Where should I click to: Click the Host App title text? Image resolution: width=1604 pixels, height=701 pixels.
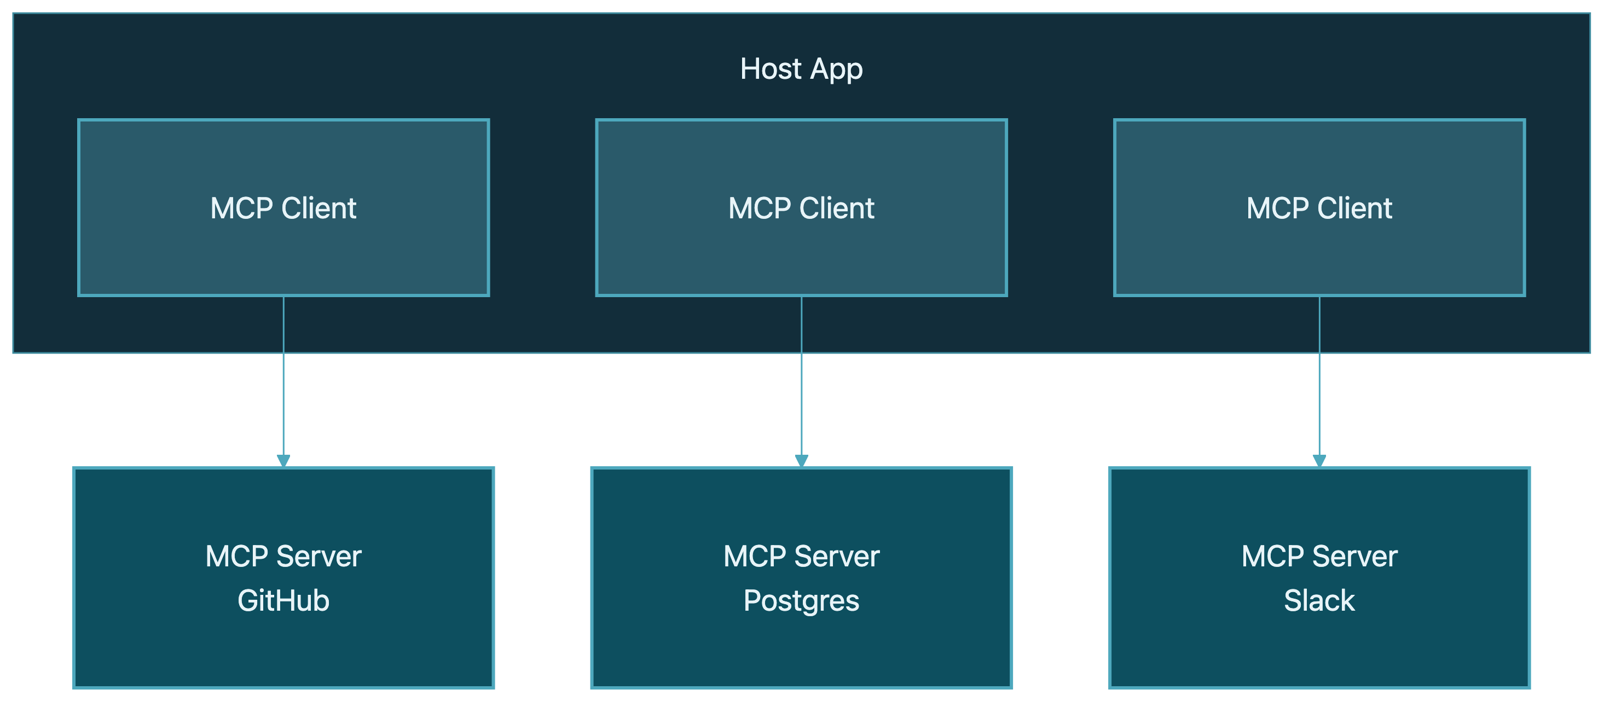pos(801,68)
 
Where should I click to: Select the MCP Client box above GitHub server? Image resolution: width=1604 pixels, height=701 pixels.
pos(283,249)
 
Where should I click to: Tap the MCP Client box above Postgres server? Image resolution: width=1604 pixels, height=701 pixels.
pos(801,249)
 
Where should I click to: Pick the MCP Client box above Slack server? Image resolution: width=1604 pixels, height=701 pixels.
pos(1319,249)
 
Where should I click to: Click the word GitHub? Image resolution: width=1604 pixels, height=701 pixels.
pos(283,601)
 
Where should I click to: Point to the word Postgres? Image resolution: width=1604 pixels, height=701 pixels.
pos(801,601)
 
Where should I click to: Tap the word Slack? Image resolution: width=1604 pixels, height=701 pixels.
pos(1319,601)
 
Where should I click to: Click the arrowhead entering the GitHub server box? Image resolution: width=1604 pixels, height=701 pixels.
pos(283,461)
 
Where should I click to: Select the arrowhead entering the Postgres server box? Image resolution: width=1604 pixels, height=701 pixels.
pos(801,461)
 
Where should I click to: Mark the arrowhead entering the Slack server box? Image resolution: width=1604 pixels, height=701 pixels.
pos(1319,461)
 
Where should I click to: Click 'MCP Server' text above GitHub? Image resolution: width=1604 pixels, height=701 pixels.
pos(283,556)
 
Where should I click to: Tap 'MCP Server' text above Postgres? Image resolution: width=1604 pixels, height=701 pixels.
pos(801,556)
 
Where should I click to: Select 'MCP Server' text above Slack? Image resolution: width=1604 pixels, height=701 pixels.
pos(1319,556)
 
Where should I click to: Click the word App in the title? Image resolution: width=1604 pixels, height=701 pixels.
pos(836,69)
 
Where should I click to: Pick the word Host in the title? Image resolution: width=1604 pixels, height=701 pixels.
pos(770,68)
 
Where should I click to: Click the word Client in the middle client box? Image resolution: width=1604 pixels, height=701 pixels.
pos(837,208)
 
